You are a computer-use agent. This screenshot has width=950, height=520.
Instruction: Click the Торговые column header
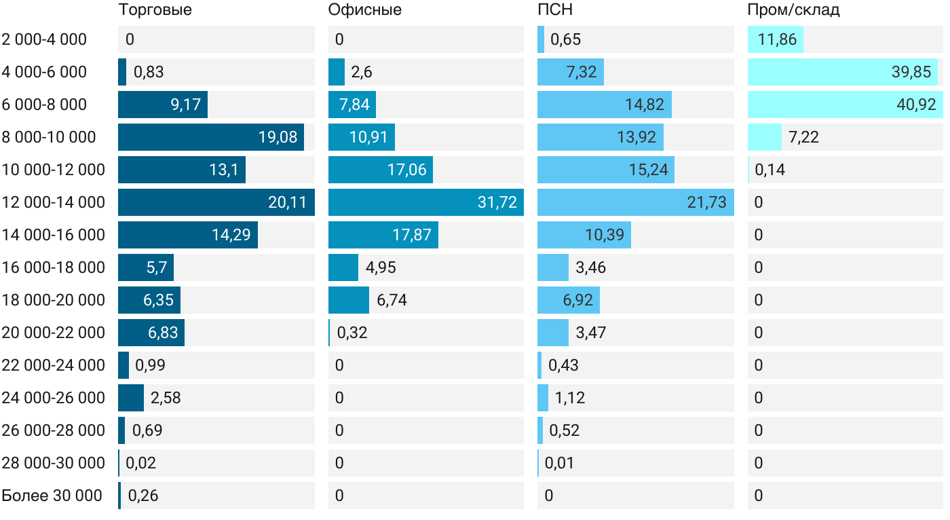(x=155, y=10)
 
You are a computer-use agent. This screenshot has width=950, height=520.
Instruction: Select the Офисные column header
(x=364, y=10)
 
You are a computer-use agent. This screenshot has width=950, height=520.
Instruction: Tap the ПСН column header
(x=555, y=10)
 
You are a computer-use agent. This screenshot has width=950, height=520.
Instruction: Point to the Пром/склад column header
(x=793, y=10)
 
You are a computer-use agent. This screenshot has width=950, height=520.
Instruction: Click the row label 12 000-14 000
(x=54, y=202)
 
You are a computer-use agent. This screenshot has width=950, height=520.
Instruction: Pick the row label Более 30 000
(x=52, y=496)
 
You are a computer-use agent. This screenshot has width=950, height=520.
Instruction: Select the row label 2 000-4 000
(x=45, y=39)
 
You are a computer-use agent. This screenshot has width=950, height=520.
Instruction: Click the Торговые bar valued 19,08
(x=210, y=137)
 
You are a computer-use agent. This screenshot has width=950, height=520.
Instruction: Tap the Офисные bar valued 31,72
(x=425, y=202)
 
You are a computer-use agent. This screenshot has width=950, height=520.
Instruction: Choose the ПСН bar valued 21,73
(x=635, y=202)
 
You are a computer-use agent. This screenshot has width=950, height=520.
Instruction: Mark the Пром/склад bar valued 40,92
(x=845, y=105)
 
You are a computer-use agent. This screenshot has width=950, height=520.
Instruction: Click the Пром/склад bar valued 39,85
(x=842, y=72)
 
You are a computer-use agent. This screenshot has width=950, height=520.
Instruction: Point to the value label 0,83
(x=149, y=72)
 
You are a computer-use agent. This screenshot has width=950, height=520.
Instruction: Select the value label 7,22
(x=804, y=137)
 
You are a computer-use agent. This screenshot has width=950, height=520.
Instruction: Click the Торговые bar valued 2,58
(x=131, y=398)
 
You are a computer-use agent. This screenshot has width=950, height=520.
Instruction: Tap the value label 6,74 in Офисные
(x=392, y=300)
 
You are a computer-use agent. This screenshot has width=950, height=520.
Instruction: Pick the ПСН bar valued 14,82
(x=604, y=105)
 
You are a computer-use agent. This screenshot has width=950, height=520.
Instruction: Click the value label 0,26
(x=143, y=496)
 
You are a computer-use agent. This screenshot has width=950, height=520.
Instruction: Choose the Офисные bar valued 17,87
(x=383, y=235)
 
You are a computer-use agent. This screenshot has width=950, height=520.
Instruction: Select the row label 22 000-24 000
(x=54, y=365)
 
